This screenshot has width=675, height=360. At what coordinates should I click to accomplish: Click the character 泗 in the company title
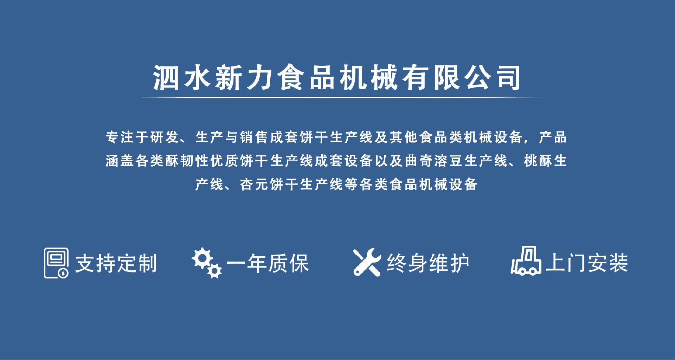click(166, 78)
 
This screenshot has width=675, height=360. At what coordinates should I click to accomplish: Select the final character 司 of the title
click(508, 78)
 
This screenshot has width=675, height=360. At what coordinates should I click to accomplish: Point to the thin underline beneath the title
click(345, 97)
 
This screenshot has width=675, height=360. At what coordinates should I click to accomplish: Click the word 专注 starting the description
click(120, 137)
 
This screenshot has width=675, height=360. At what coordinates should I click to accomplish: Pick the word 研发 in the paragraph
click(165, 137)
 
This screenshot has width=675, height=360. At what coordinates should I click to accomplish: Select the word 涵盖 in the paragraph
click(120, 161)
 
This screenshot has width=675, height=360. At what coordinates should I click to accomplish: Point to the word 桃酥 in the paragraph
click(538, 161)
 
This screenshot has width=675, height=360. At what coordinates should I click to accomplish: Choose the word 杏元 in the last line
click(254, 184)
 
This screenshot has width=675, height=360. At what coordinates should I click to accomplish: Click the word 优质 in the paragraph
click(224, 161)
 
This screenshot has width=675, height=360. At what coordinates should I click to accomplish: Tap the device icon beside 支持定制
click(56, 263)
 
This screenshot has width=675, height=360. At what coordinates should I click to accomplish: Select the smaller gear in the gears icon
click(214, 270)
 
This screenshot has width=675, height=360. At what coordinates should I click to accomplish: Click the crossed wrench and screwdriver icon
click(367, 262)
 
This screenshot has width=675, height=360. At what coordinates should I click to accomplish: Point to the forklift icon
click(526, 261)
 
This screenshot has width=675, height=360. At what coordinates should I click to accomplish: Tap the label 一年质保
click(268, 263)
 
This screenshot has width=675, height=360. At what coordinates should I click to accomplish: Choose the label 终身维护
click(428, 263)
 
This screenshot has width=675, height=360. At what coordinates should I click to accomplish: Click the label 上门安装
click(587, 263)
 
